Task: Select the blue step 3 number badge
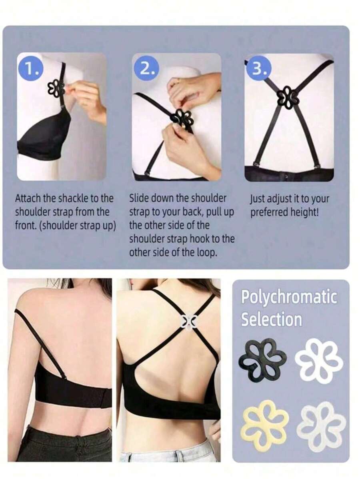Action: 259,70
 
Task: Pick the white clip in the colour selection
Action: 319,361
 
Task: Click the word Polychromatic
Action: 289,297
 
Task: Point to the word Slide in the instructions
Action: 139,198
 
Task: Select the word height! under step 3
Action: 304,212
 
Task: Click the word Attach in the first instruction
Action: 27,198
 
